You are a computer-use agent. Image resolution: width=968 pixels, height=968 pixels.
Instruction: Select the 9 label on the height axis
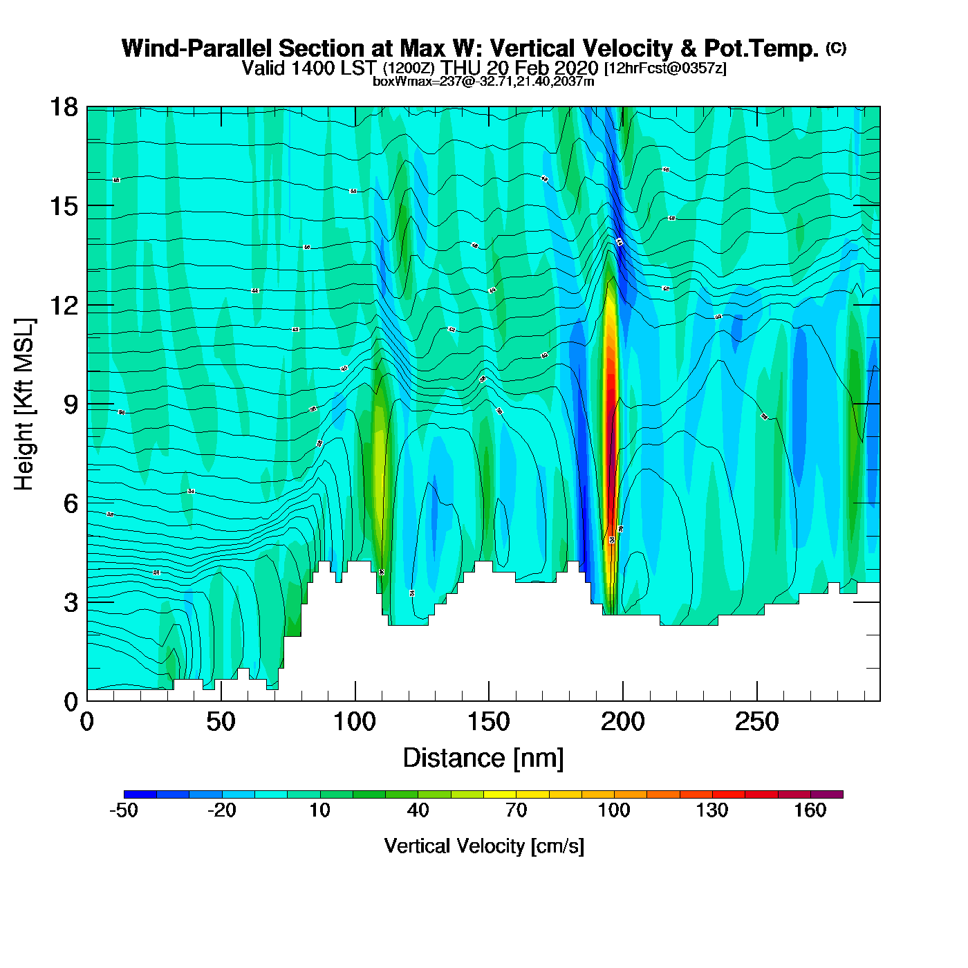[71, 404]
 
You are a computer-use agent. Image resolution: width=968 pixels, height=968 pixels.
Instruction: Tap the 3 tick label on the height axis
[71, 602]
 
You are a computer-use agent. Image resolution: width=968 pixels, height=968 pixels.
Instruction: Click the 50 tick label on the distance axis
[221, 723]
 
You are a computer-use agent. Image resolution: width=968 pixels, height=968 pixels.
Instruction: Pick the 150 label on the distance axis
[489, 723]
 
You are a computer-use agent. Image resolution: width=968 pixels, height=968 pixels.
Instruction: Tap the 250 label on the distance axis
[757, 723]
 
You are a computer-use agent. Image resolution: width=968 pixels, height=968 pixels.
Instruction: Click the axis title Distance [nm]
[483, 758]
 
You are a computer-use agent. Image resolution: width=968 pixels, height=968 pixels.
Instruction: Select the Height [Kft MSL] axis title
[25, 404]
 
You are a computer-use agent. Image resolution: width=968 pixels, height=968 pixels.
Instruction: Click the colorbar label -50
[124, 810]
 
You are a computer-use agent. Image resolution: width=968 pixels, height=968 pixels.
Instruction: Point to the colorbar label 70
[516, 810]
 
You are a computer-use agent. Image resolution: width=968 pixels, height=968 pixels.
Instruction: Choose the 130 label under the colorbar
[712, 810]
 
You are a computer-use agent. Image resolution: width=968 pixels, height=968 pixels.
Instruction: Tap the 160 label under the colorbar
[810, 810]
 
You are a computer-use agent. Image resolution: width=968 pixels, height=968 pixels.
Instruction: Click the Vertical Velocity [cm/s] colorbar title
[484, 846]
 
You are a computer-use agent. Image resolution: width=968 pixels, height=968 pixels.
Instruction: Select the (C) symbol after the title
[836, 48]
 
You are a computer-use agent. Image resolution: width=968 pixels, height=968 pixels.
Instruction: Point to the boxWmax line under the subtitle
[483, 81]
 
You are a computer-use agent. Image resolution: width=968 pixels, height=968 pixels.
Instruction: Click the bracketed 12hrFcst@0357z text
[665, 68]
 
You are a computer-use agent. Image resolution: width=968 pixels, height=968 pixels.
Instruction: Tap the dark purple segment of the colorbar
[827, 794]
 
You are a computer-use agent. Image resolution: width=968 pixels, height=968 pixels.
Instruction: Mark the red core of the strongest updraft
[610, 415]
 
